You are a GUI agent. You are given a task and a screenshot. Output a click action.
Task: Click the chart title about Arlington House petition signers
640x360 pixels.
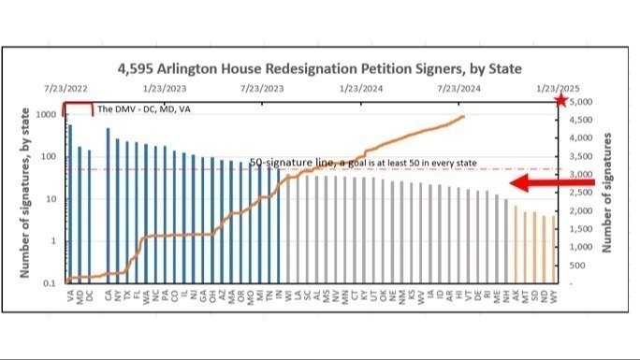tap(319, 68)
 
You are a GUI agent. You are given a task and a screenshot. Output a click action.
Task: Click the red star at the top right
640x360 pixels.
tap(560, 100)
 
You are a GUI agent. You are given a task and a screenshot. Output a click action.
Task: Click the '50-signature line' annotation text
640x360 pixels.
tap(363, 164)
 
